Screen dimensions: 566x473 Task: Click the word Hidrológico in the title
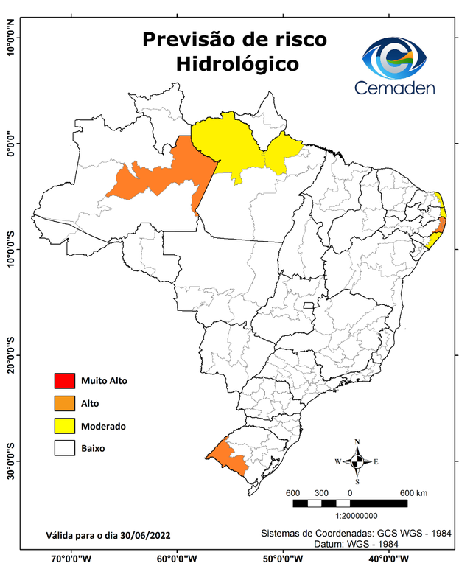point(237,64)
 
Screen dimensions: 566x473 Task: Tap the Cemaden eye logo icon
point(399,57)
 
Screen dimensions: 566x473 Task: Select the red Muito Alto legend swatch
point(64,381)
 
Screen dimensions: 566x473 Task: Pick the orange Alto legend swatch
point(64,403)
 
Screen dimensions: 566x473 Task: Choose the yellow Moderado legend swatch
point(64,426)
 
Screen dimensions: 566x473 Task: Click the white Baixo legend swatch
point(64,448)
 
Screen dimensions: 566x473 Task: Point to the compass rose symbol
point(357,461)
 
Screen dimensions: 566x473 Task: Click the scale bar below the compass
point(350,503)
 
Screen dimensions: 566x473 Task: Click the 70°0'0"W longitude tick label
point(71,559)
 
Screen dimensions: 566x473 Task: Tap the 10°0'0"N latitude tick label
point(11,37)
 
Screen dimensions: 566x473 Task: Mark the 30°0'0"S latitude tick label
point(11,461)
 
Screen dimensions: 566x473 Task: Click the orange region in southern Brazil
point(228,458)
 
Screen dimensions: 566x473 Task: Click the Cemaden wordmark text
point(395,88)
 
